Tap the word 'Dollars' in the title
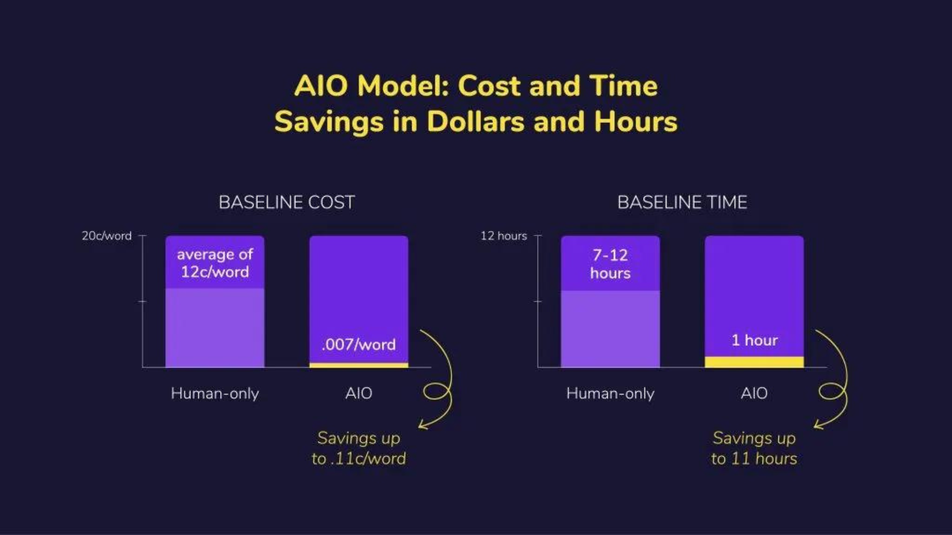(x=476, y=121)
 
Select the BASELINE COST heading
(x=287, y=202)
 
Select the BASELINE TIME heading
(x=682, y=202)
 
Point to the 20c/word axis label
(x=107, y=236)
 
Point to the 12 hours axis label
(x=504, y=236)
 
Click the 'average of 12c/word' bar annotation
(x=215, y=263)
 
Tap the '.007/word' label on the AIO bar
(x=358, y=344)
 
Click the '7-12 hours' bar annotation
(x=610, y=264)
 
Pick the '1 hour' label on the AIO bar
(x=755, y=340)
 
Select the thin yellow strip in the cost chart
(x=359, y=365)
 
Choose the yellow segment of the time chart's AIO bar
(x=754, y=362)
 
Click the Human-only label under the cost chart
(x=215, y=393)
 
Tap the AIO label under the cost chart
(x=358, y=393)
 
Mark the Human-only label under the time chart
(x=610, y=393)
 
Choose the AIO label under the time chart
(x=754, y=393)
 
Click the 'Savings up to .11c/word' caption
(x=358, y=448)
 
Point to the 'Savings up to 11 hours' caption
(x=754, y=448)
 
